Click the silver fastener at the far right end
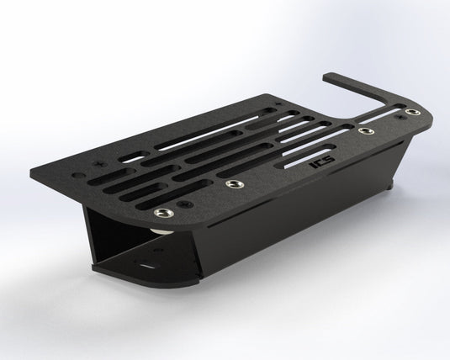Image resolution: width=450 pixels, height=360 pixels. point(411,112)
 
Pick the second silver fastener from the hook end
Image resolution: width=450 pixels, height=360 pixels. point(364,131)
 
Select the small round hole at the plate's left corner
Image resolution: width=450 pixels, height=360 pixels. point(81,177)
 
